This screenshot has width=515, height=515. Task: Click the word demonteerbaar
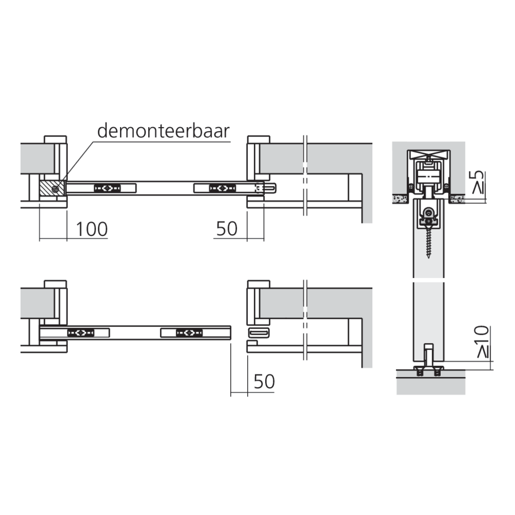point(163,131)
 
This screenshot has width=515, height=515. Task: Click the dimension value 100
point(92,229)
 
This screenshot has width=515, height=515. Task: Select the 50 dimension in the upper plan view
point(227,229)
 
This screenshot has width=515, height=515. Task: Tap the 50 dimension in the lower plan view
point(264,382)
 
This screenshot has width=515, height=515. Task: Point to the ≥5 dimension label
point(478,182)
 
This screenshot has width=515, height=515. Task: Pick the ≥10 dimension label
point(482,341)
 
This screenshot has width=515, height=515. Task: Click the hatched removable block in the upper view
point(52,188)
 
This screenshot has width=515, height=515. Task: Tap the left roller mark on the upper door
point(108,188)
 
